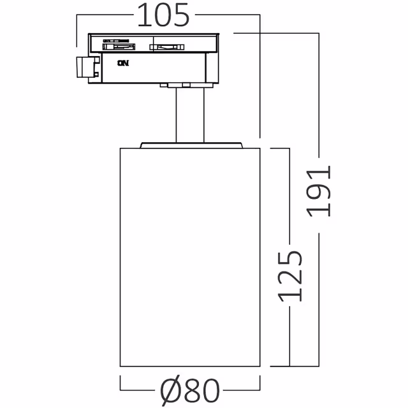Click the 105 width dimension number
point(163,16)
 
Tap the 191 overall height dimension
point(319,191)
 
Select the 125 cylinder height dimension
point(290,275)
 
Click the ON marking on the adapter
point(122,62)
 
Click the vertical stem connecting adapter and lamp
point(190,115)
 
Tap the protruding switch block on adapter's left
point(85,68)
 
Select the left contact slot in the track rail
point(119,45)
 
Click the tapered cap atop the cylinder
point(191,144)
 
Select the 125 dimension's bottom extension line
point(280,367)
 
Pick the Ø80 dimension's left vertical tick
point(120,384)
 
